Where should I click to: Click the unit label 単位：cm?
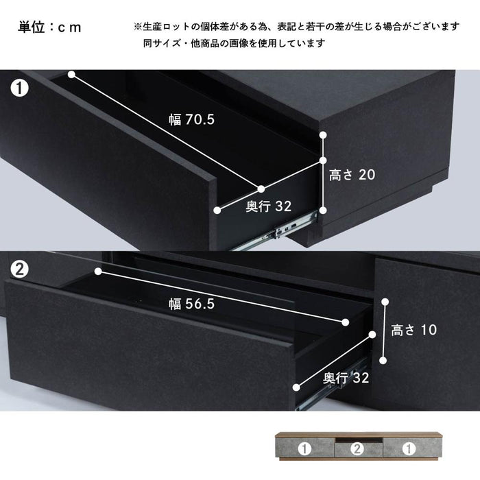(49, 27)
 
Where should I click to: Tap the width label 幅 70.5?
(191, 119)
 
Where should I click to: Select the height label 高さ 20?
(352, 175)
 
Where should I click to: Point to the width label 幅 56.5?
(191, 304)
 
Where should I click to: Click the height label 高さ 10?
(414, 330)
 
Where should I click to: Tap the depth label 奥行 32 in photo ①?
(269, 206)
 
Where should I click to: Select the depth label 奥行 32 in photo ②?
(346, 378)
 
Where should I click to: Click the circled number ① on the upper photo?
(20, 88)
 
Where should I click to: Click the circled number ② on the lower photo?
(20, 269)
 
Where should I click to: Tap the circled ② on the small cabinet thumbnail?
(357, 449)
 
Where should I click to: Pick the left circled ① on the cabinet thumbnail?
(304, 449)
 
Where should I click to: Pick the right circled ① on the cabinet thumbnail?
(409, 449)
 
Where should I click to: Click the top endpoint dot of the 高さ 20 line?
(323, 134)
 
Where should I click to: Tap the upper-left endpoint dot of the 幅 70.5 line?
(71, 74)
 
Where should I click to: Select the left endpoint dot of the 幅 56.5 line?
(98, 272)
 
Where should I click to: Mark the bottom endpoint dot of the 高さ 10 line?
(383, 361)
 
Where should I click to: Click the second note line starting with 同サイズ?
(235, 43)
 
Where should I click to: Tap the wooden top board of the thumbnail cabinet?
(359, 434)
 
